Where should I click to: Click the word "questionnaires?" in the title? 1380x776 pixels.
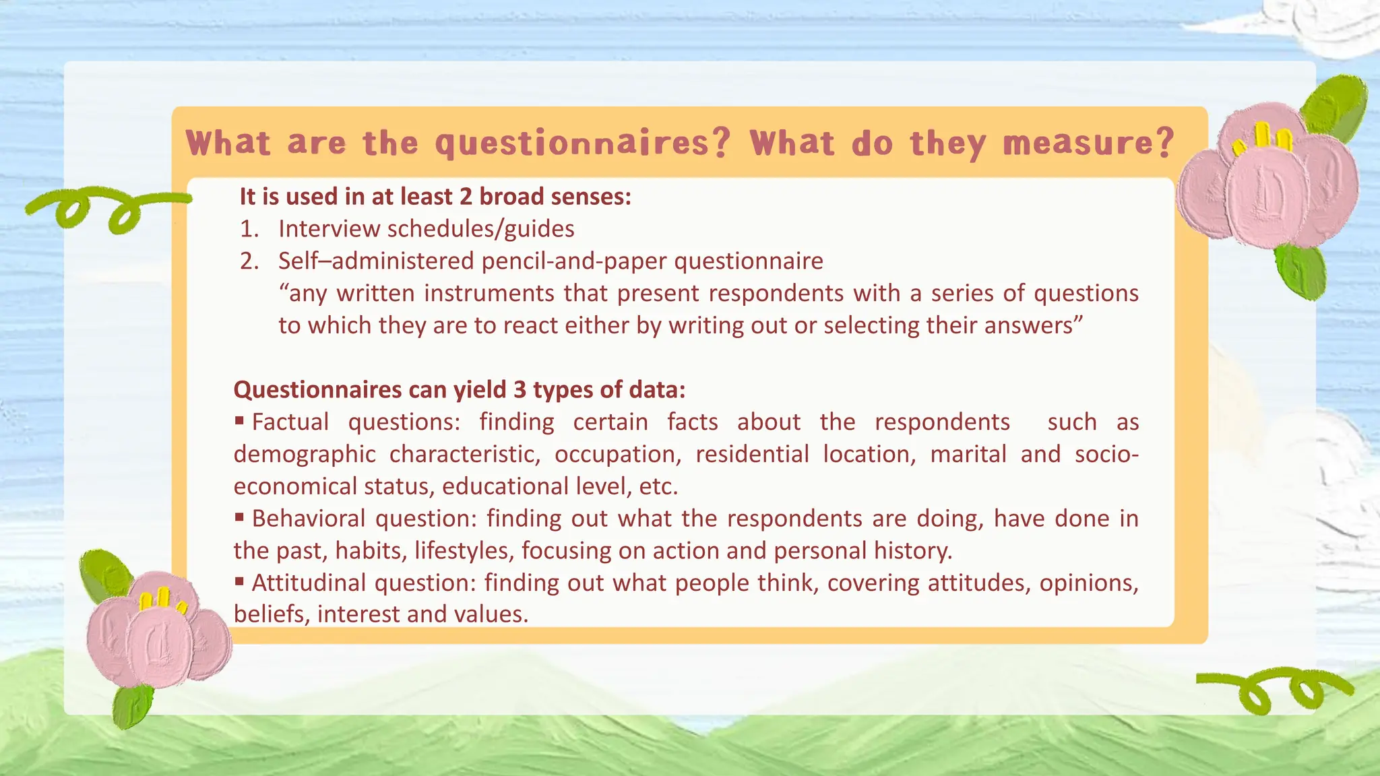pyautogui.click(x=582, y=143)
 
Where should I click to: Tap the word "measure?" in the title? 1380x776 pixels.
pyautogui.click(x=1088, y=143)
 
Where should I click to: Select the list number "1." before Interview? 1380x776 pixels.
pyautogui.click(x=249, y=229)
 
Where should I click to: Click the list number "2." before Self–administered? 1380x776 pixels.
pyautogui.click(x=249, y=261)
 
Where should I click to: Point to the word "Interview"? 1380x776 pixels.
pyautogui.click(x=330, y=229)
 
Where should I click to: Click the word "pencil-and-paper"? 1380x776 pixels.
pyautogui.click(x=574, y=261)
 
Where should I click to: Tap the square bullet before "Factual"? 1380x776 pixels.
pyautogui.click(x=239, y=421)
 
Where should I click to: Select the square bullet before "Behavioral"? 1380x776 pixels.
pyautogui.click(x=239, y=517)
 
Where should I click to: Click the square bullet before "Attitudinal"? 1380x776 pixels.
pyautogui.click(x=239, y=581)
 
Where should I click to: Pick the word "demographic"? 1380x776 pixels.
pyautogui.click(x=305, y=455)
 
